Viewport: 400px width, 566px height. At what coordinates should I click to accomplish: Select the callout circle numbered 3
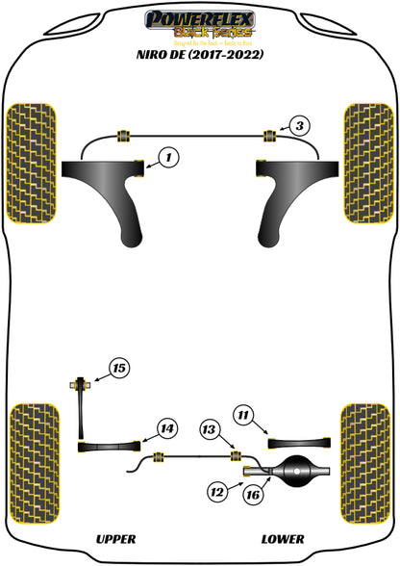click(299, 125)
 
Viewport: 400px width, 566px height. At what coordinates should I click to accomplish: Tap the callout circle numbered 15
click(118, 368)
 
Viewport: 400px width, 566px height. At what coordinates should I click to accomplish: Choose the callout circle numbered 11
click(243, 416)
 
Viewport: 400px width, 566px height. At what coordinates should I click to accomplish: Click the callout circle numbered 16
click(253, 494)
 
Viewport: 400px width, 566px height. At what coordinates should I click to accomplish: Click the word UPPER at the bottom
click(116, 539)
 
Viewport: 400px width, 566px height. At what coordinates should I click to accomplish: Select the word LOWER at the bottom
click(282, 539)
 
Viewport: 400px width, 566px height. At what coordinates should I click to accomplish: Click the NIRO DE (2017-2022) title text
click(200, 55)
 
